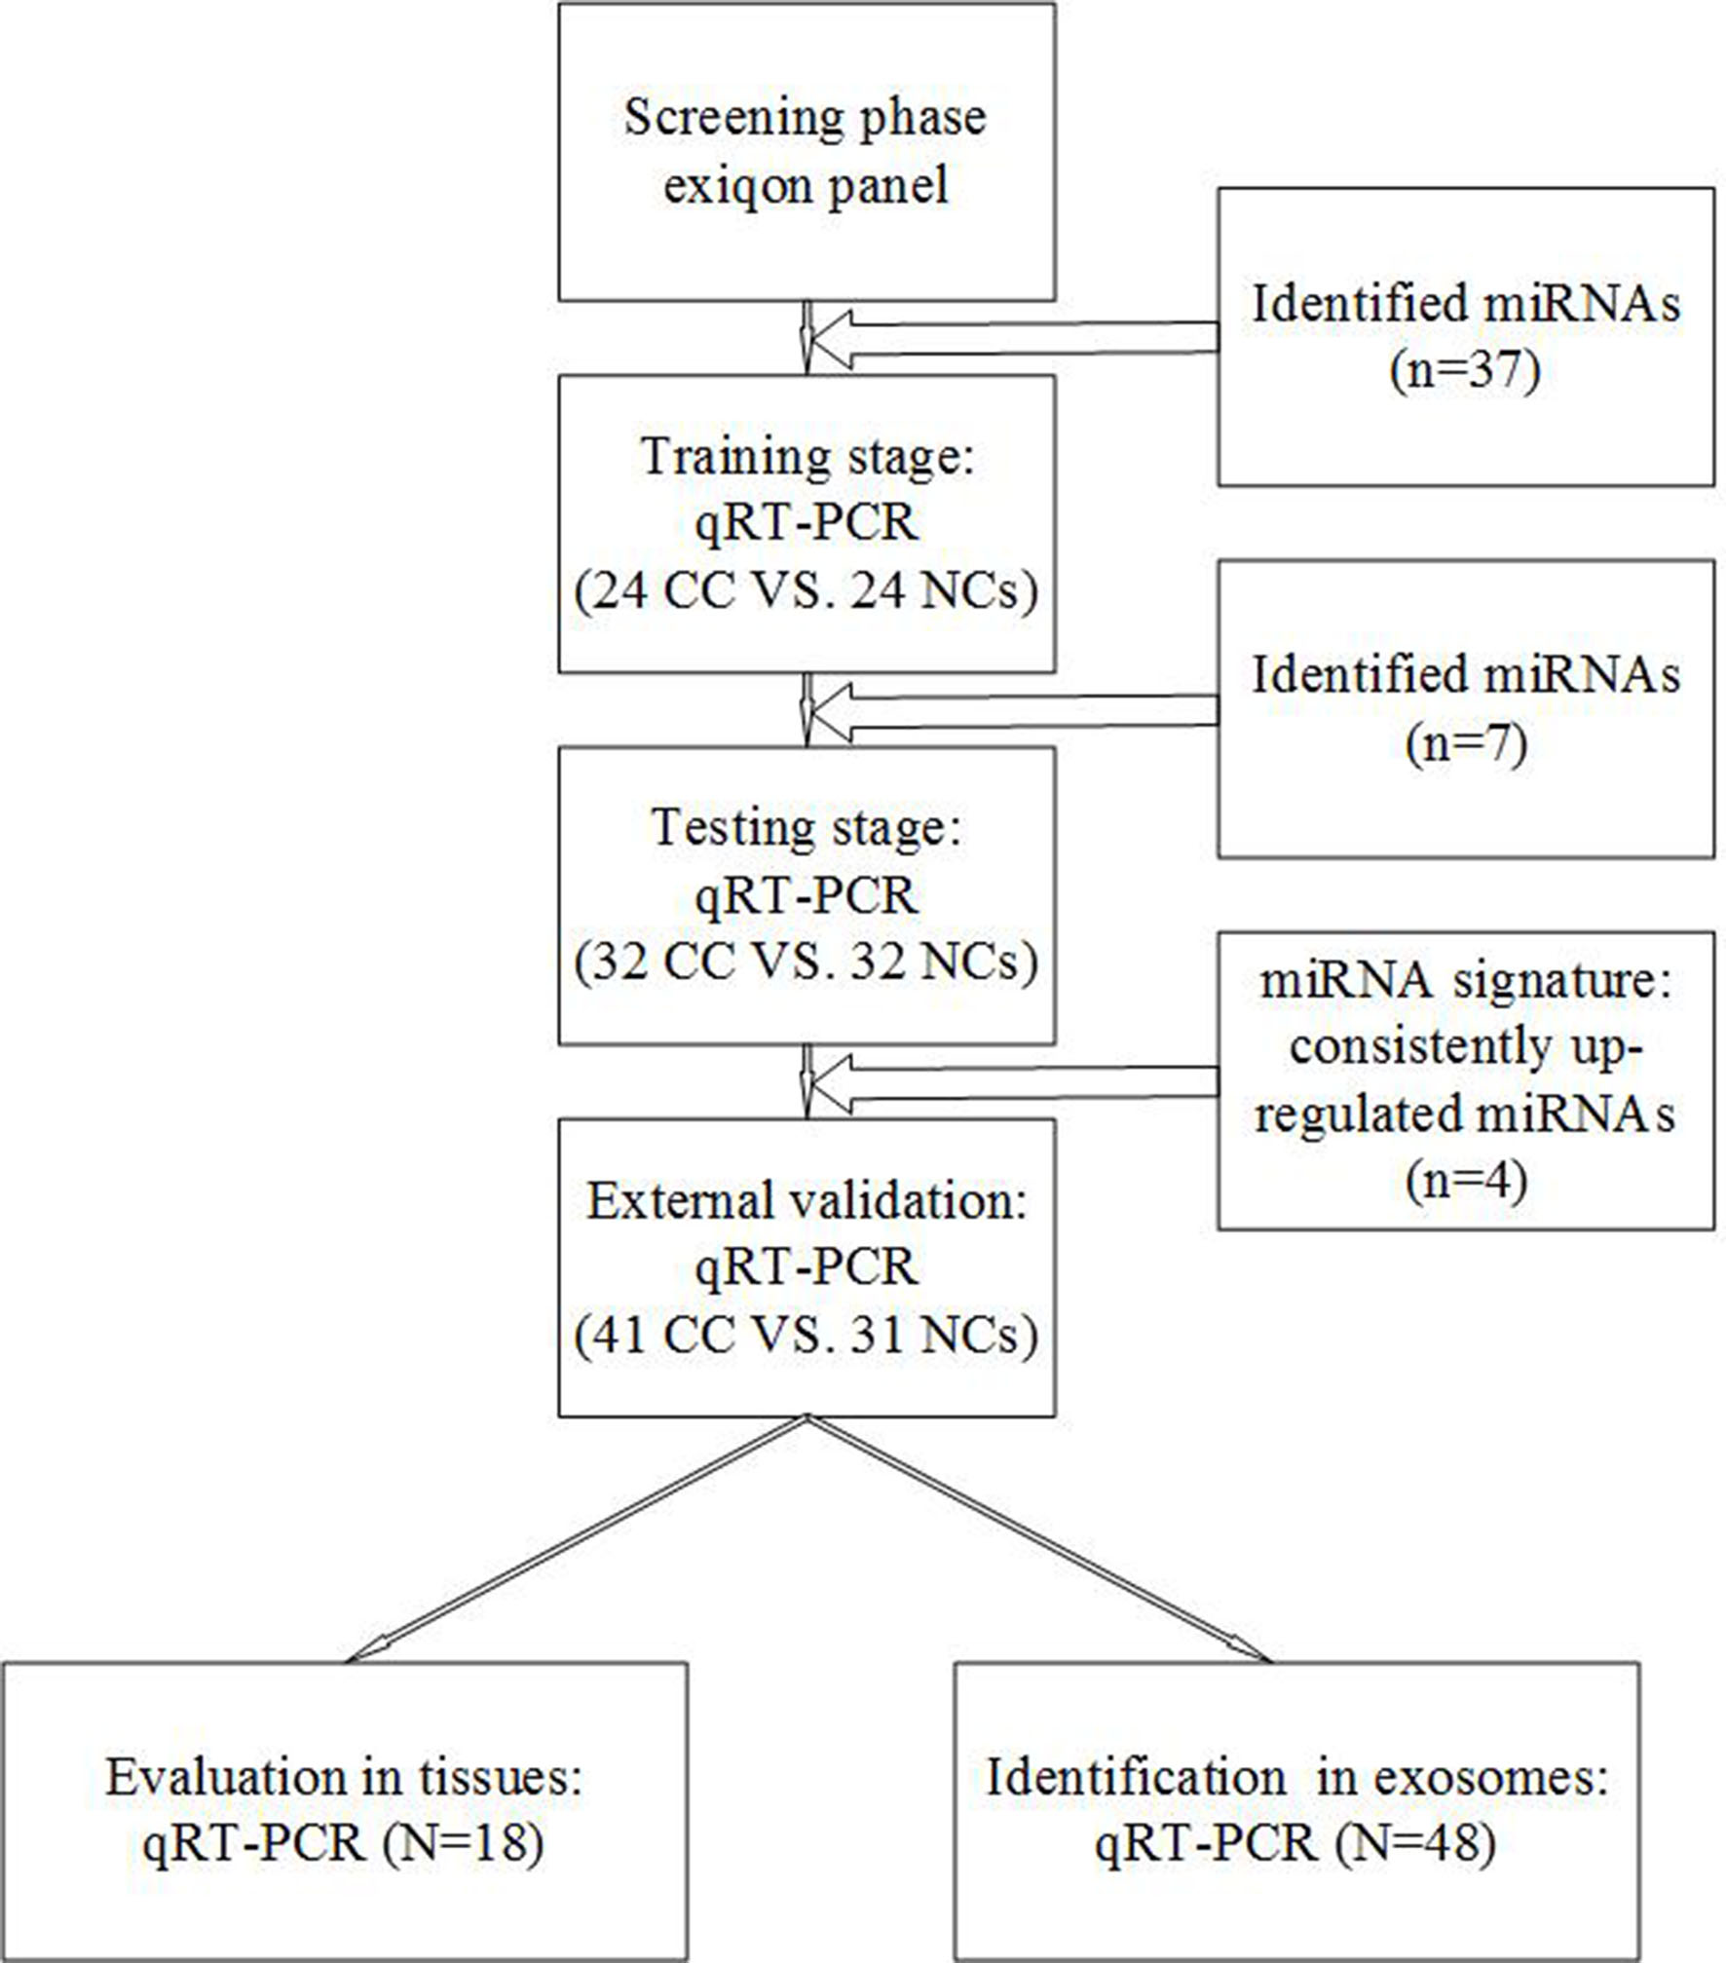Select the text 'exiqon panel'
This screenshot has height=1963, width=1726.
click(x=806, y=185)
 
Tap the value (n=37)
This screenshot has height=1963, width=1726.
click(x=1466, y=371)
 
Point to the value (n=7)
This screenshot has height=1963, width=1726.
click(x=1466, y=744)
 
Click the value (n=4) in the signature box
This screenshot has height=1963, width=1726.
click(x=1466, y=1181)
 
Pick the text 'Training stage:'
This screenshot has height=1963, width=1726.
click(x=807, y=457)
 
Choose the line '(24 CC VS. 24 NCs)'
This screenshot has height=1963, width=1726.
click(x=807, y=590)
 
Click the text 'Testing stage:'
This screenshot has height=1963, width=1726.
click(x=807, y=829)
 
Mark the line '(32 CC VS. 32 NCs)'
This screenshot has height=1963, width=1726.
click(x=807, y=963)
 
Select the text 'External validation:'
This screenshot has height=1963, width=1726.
click(x=807, y=1201)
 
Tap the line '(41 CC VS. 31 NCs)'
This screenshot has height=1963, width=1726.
click(x=807, y=1335)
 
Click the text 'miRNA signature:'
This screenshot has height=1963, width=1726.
click(x=1466, y=981)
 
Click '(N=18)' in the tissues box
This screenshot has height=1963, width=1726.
click(x=463, y=1843)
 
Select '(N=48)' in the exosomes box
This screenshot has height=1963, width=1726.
click(x=1415, y=1843)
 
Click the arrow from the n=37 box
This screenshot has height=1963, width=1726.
click(x=1014, y=339)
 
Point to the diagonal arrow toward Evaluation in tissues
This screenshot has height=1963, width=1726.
click(x=577, y=1538)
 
